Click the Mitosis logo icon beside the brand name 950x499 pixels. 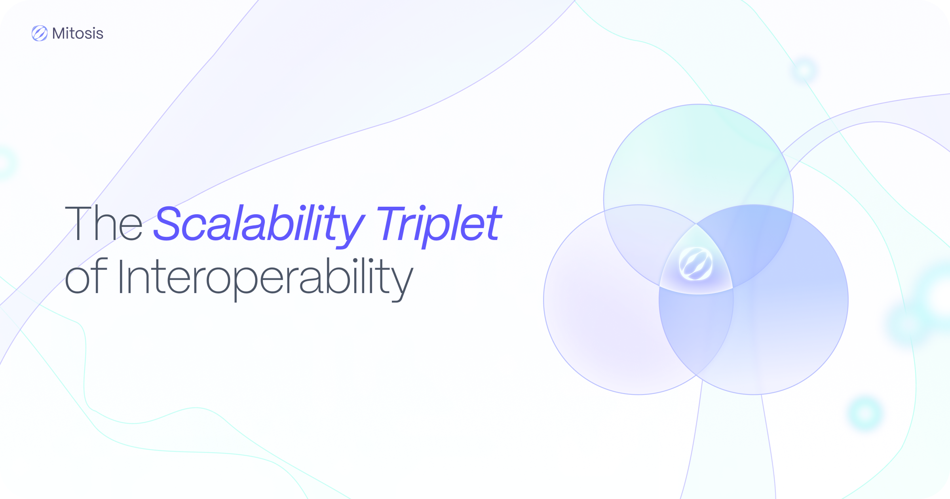point(40,33)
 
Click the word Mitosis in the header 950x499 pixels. point(78,34)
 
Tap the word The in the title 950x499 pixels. point(104,223)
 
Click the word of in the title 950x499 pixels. point(86,276)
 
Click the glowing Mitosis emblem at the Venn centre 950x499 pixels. point(695,264)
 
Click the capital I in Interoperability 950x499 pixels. point(121,276)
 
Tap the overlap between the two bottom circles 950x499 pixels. point(695,333)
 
